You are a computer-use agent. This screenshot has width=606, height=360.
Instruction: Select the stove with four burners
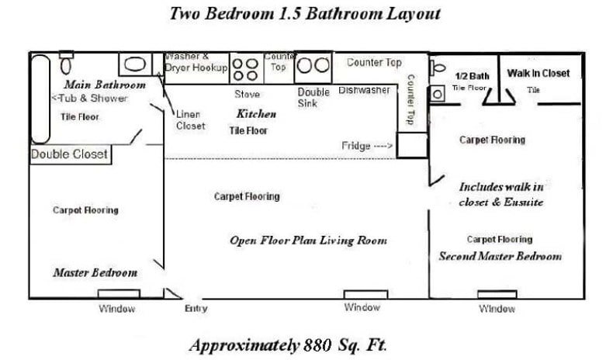(246, 69)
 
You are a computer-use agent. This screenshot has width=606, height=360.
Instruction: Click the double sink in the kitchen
(313, 65)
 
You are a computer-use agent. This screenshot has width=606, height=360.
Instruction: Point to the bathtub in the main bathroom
(40, 98)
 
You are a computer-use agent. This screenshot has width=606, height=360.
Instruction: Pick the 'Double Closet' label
(69, 154)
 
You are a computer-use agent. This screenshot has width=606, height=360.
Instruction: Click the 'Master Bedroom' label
(95, 272)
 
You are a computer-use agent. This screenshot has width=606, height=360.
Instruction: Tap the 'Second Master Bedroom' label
(500, 256)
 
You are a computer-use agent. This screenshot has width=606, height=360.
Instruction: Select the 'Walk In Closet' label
(538, 73)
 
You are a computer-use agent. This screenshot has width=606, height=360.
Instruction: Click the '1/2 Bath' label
(472, 75)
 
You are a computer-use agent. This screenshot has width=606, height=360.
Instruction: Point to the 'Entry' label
(196, 308)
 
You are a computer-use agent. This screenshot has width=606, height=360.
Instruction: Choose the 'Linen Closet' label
(190, 119)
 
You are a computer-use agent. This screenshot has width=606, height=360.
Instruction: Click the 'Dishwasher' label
(364, 91)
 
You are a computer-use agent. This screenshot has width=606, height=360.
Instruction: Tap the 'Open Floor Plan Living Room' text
(308, 241)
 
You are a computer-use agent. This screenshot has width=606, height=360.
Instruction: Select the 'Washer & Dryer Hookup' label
(196, 62)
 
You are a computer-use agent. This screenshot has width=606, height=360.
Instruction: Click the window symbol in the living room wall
(365, 294)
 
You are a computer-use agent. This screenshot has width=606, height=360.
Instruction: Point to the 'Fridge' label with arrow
(367, 146)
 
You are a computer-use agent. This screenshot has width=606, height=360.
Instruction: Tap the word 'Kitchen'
(256, 114)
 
